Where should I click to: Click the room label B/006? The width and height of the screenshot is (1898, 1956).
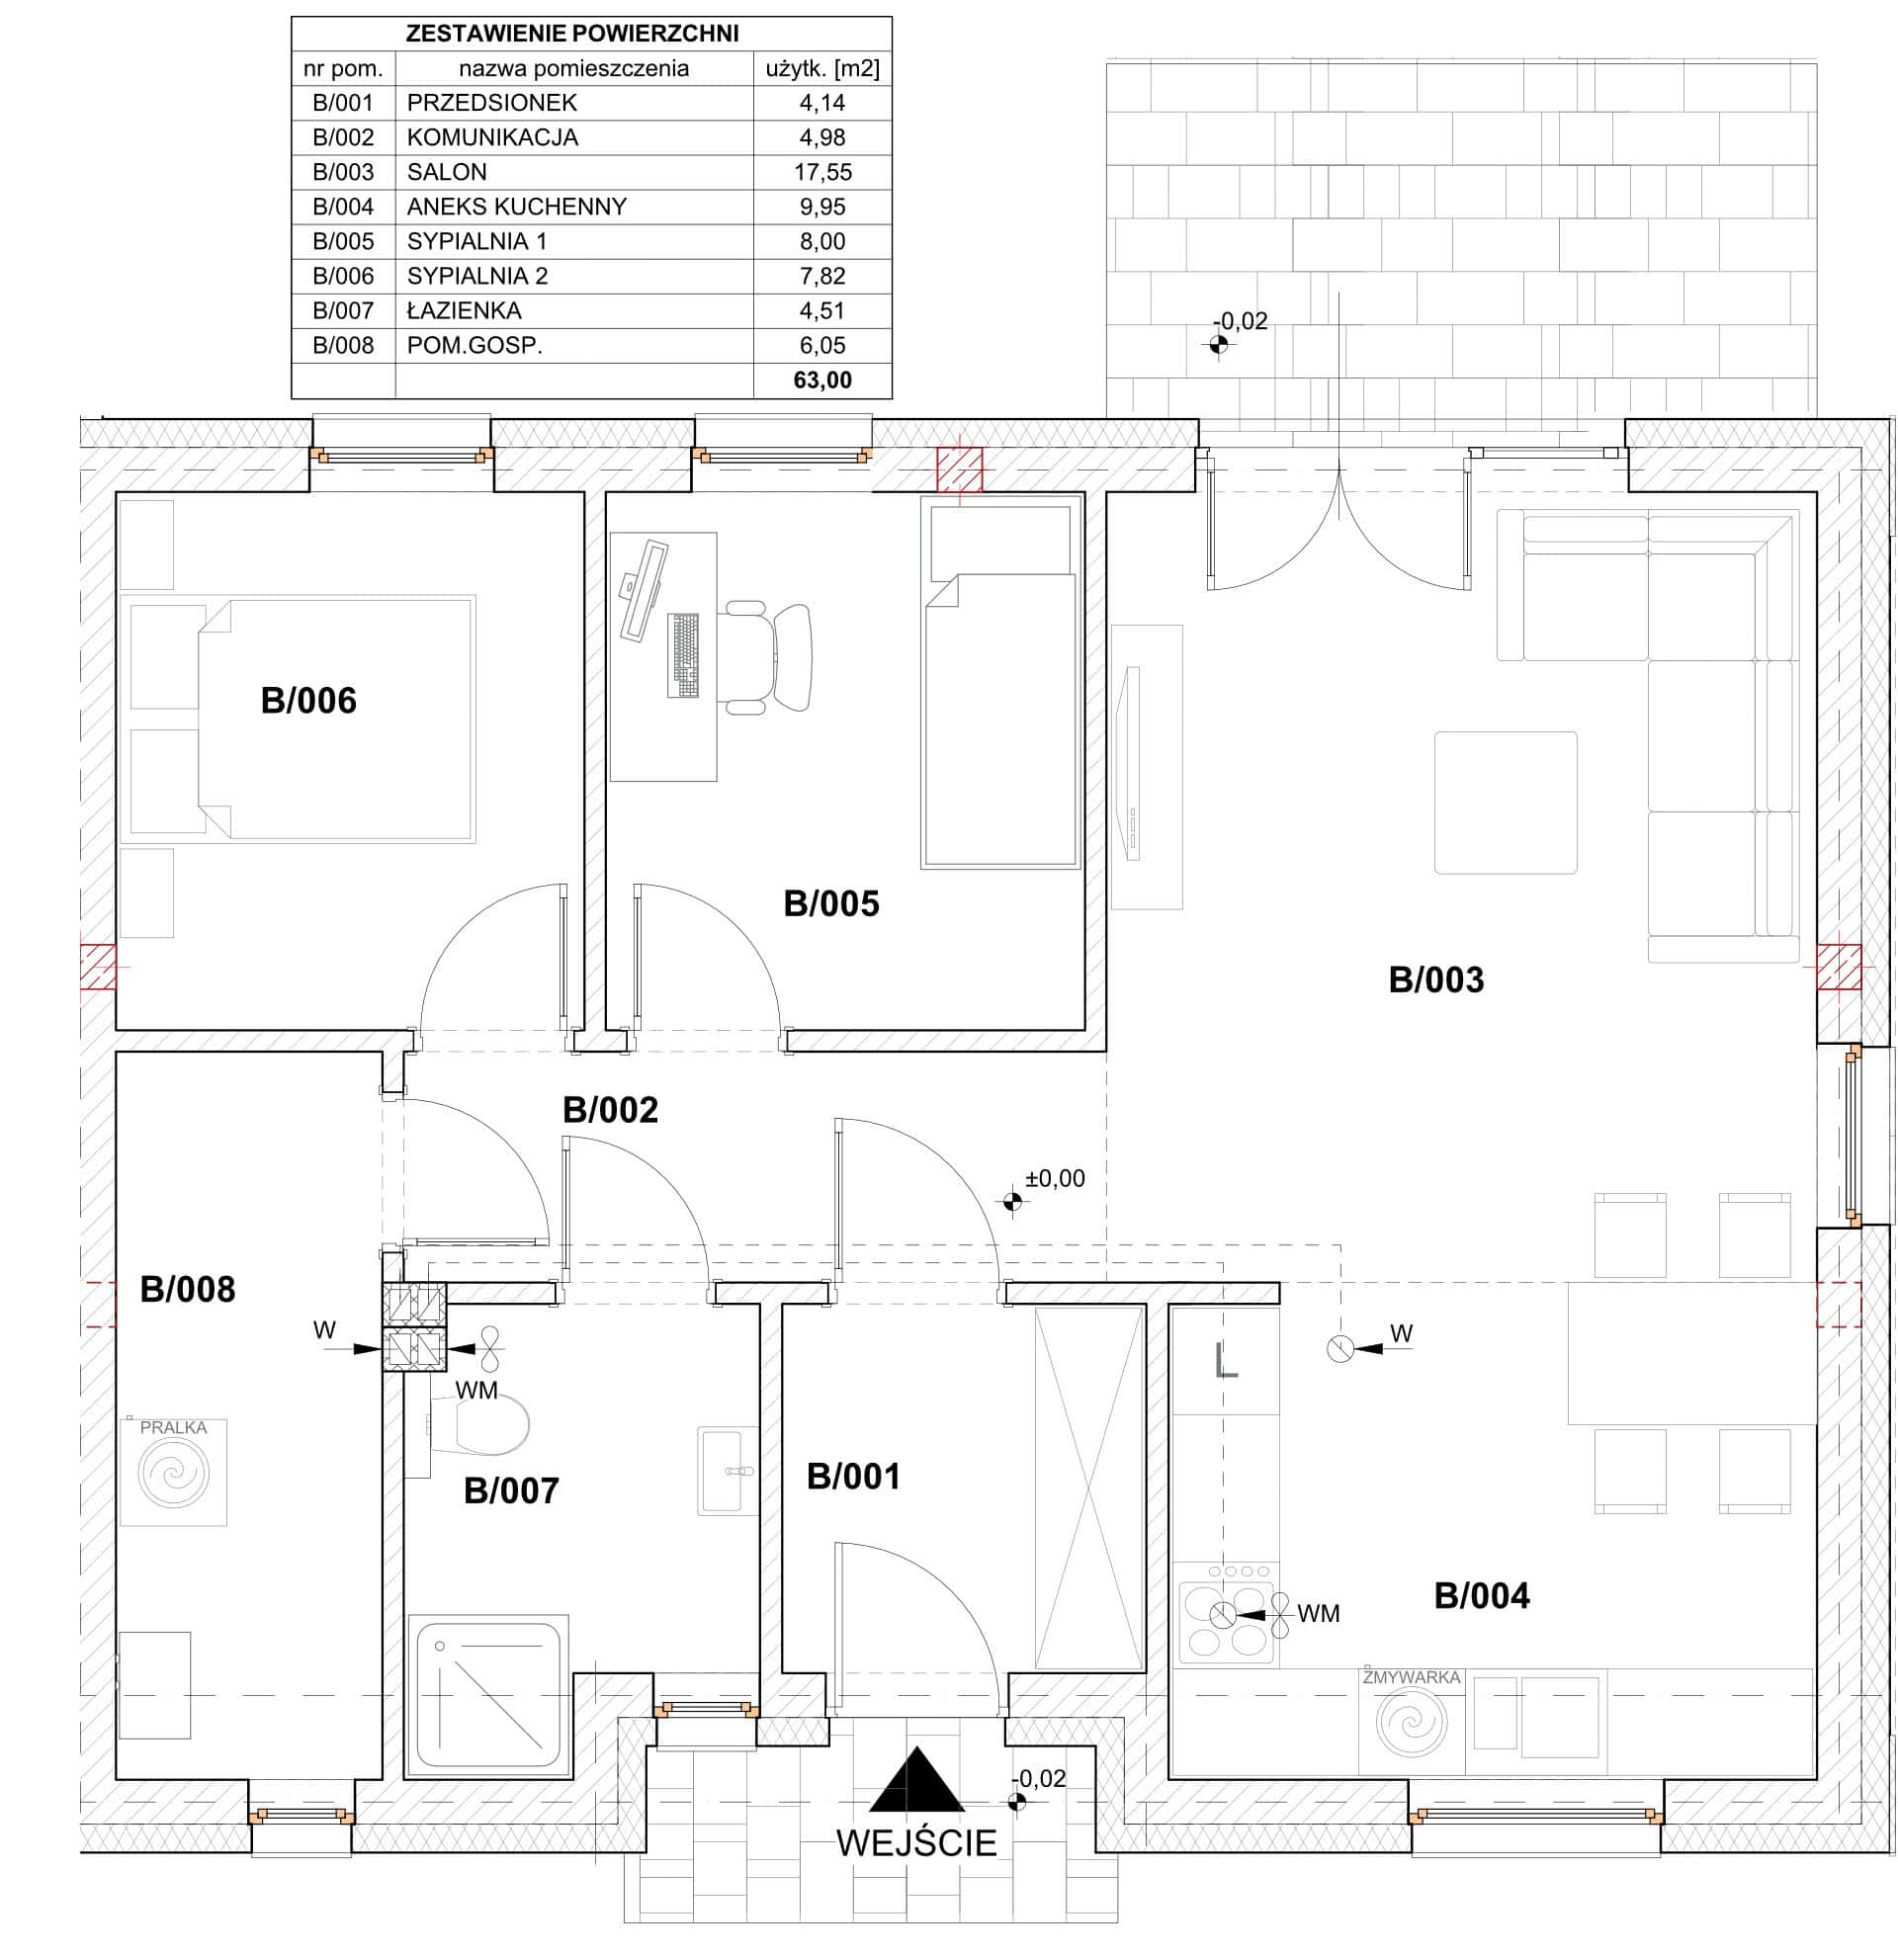tap(308, 701)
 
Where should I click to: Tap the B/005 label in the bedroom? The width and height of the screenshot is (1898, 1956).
tap(831, 903)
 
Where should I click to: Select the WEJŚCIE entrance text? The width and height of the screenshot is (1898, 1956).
tap(916, 1842)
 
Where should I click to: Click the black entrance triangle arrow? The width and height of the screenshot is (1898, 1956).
tap(917, 1778)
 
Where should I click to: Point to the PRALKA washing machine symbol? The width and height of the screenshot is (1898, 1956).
tap(174, 1472)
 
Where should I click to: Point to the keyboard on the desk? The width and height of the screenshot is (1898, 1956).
tap(683, 655)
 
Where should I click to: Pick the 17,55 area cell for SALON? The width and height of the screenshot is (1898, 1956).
tap(822, 172)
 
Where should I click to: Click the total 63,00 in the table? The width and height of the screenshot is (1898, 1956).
tap(822, 381)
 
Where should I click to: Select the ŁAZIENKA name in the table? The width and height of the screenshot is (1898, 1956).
tap(464, 310)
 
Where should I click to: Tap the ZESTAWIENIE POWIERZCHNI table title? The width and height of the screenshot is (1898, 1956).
tap(571, 33)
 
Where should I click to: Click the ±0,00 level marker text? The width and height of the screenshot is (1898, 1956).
tap(1055, 1178)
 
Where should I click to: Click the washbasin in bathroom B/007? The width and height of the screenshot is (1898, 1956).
tap(726, 1470)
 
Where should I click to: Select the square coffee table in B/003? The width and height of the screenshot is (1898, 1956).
tap(1506, 803)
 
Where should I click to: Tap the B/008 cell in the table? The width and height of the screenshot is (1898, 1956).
tap(343, 345)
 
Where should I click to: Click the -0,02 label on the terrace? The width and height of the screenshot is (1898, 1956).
tap(1241, 321)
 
